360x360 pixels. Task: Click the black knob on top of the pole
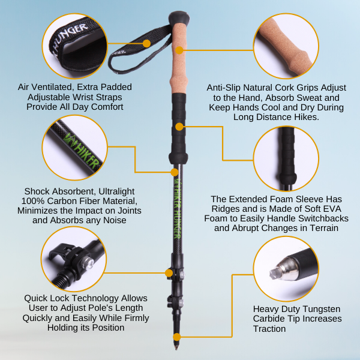[179, 18]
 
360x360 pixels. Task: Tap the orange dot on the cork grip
[179, 50]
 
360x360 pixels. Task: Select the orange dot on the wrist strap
[146, 43]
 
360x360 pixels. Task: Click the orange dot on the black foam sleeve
[179, 127]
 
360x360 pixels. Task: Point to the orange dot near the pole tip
[176, 337]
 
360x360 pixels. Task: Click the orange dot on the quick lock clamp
[169, 273]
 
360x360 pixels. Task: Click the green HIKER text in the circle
[83, 151]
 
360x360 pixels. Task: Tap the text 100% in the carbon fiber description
[33, 201]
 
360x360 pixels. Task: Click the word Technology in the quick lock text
[97, 298]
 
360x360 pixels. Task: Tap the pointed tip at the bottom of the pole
[176, 348]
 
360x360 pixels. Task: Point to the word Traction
[269, 329]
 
